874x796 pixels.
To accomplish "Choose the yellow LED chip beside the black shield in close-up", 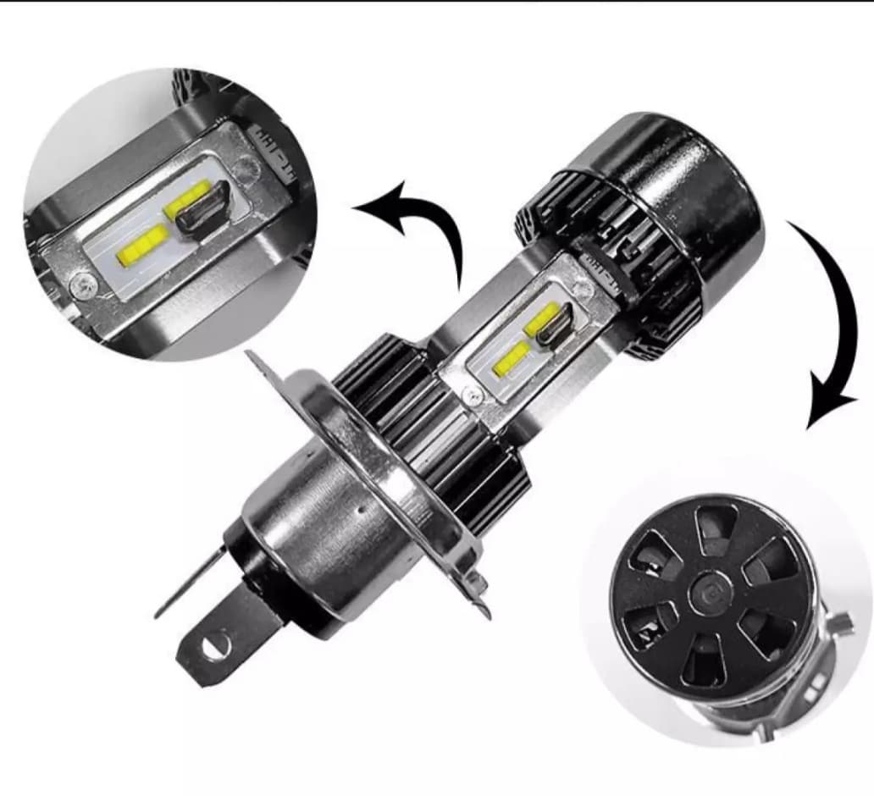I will click(190, 200).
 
